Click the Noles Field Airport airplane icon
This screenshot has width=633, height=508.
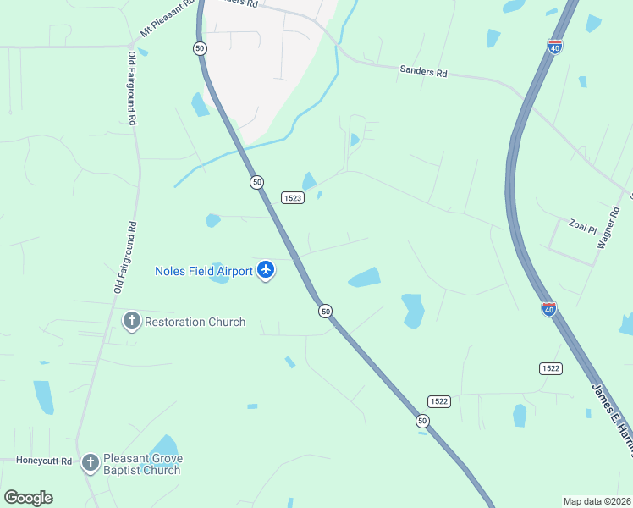(266, 270)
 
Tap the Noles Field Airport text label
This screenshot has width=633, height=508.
(204, 271)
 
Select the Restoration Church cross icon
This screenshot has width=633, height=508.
(131, 321)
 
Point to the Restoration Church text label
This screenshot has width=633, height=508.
(195, 322)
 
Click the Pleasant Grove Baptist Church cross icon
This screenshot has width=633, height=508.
(90, 463)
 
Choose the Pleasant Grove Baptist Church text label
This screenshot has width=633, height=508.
(142, 464)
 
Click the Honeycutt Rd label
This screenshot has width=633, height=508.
(44, 461)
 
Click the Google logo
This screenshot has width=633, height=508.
(28, 497)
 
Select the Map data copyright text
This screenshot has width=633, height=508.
(597, 500)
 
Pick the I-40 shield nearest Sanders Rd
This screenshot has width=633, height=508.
(555, 47)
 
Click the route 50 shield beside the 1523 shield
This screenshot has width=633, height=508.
(256, 182)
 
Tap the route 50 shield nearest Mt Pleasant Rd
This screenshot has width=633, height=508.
(200, 48)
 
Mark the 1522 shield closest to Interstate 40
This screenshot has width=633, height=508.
(550, 368)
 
